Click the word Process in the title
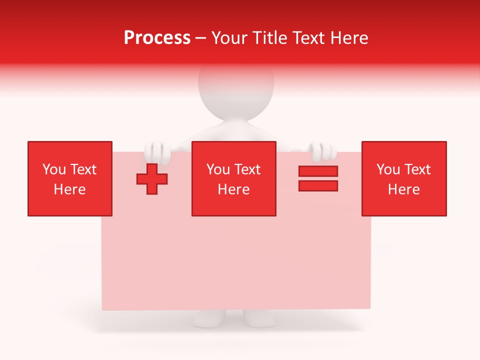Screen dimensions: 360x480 157,38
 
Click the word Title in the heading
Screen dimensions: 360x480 270,38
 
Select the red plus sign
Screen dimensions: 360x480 152,179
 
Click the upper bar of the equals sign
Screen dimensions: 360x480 318,171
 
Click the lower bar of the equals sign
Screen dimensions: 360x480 318,185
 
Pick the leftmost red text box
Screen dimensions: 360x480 69,178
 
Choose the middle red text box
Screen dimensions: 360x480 233,178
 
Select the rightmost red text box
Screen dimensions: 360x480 403,178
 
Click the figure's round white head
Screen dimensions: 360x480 236,87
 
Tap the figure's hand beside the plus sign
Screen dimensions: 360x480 157,150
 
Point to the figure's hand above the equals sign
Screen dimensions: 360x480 321,150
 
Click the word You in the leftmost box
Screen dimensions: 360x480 53,169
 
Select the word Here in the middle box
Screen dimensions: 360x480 233,189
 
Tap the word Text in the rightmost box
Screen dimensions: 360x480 416,169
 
